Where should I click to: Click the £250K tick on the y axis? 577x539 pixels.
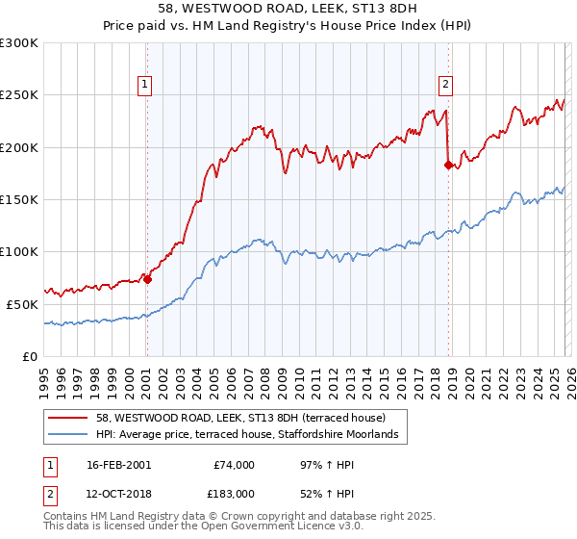(x=19, y=95)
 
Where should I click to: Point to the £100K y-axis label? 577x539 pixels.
(x=19, y=251)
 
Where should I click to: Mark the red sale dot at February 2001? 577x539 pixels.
(x=147, y=279)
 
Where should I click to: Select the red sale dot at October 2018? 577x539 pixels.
(x=448, y=165)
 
